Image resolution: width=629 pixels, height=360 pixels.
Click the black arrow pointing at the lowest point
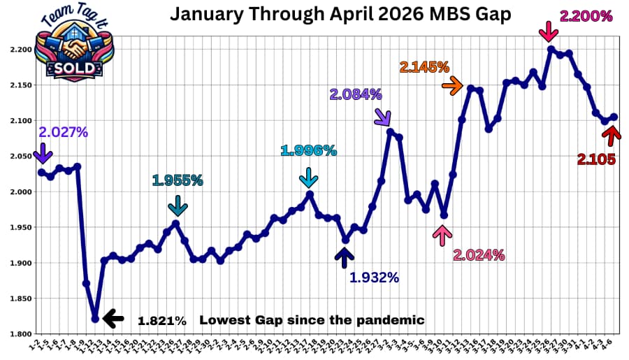click(113, 319)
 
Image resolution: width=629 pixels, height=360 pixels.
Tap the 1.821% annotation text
click(162, 321)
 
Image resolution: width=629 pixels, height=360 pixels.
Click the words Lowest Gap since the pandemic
click(312, 320)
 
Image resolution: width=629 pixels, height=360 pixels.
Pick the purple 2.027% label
click(63, 131)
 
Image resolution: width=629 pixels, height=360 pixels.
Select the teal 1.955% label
click(178, 180)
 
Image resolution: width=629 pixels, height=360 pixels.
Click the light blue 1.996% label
click(308, 150)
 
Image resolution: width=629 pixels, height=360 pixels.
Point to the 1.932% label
click(374, 278)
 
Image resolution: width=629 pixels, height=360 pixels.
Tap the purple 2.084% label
click(357, 94)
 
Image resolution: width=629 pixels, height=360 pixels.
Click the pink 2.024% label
click(479, 255)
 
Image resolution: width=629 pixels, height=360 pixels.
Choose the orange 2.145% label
click(424, 67)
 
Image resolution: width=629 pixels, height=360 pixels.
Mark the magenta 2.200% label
click(586, 16)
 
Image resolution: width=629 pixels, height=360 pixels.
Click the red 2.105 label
click(596, 159)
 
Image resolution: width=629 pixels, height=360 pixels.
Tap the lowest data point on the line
click(95, 319)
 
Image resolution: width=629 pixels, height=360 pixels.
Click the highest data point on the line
click(551, 49)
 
